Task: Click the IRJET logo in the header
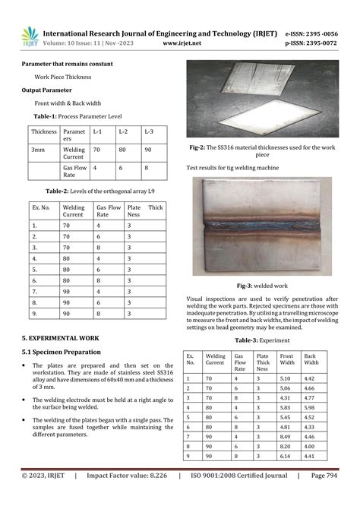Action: [x=29, y=36]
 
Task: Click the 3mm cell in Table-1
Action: [x=38, y=150]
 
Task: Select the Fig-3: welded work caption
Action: [x=260, y=285]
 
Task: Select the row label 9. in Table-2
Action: [x=35, y=314]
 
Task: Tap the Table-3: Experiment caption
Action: [x=260, y=341]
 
